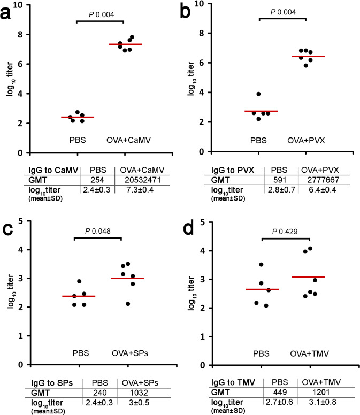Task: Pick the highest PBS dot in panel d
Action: click(261, 264)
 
